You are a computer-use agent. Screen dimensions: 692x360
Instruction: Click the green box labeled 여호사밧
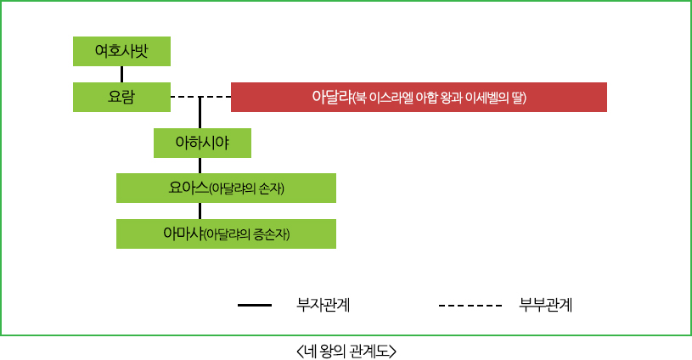[x=122, y=51]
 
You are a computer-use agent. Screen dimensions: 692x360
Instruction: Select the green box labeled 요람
[x=122, y=97]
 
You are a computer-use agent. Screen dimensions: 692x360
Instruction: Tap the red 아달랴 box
[x=419, y=97]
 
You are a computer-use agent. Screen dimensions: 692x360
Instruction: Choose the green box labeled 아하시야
[x=202, y=143]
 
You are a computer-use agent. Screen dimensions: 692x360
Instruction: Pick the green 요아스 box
[x=226, y=188]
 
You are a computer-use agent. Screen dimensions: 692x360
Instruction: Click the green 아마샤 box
[x=226, y=233]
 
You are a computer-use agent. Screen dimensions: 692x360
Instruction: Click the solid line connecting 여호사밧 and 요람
[x=122, y=74]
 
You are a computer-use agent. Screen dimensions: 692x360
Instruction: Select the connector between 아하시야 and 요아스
[x=200, y=166]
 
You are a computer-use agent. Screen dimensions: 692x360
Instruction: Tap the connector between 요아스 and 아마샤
[x=200, y=211]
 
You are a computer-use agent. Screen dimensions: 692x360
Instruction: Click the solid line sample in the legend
[x=255, y=304]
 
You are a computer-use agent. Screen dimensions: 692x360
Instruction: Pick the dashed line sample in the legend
[x=470, y=304]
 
